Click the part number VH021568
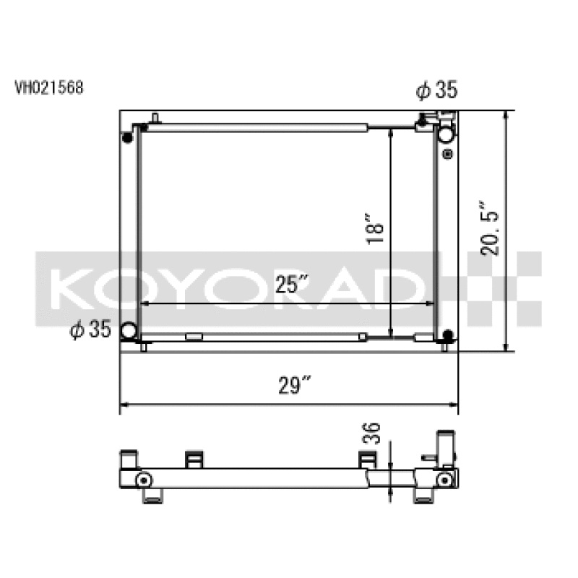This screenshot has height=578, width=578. [49, 88]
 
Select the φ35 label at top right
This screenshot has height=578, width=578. [436, 90]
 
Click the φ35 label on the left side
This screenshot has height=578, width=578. [90, 330]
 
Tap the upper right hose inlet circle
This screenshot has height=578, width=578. [447, 133]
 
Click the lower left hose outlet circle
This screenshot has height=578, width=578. [129, 331]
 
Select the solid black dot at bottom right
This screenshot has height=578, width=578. [447, 335]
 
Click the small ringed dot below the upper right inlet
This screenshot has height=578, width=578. [447, 154]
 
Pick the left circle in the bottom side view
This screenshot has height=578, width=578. [144, 480]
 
